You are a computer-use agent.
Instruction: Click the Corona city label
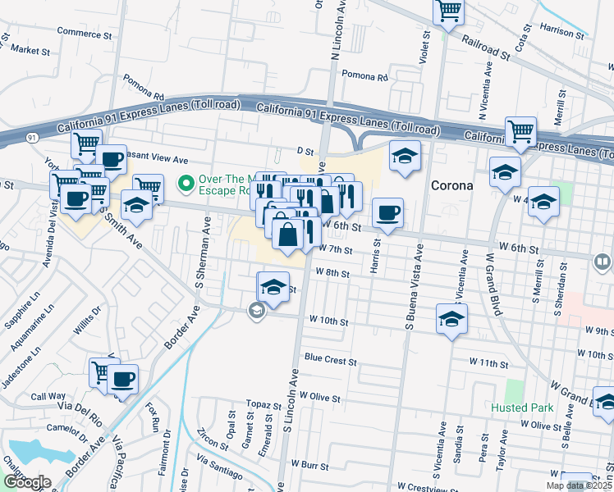[x=452, y=185]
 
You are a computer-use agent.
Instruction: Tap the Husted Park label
[x=522, y=408]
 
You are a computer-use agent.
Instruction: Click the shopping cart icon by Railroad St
[x=449, y=11]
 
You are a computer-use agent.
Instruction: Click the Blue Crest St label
[x=330, y=360]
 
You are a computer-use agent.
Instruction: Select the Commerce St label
[x=84, y=33]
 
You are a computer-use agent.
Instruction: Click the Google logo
[x=26, y=482]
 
